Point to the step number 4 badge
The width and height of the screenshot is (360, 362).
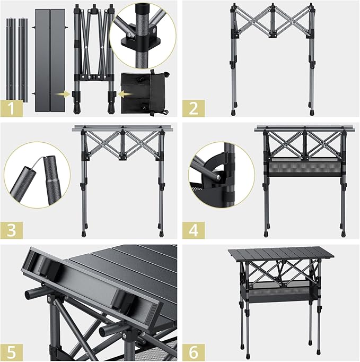[x=192, y=230]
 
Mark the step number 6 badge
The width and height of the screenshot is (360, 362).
[x=192, y=351]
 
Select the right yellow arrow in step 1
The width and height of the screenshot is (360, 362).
[x=122, y=94]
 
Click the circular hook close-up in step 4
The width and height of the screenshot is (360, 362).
[x=221, y=175]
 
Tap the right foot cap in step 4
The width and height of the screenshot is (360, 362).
[x=341, y=232]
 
